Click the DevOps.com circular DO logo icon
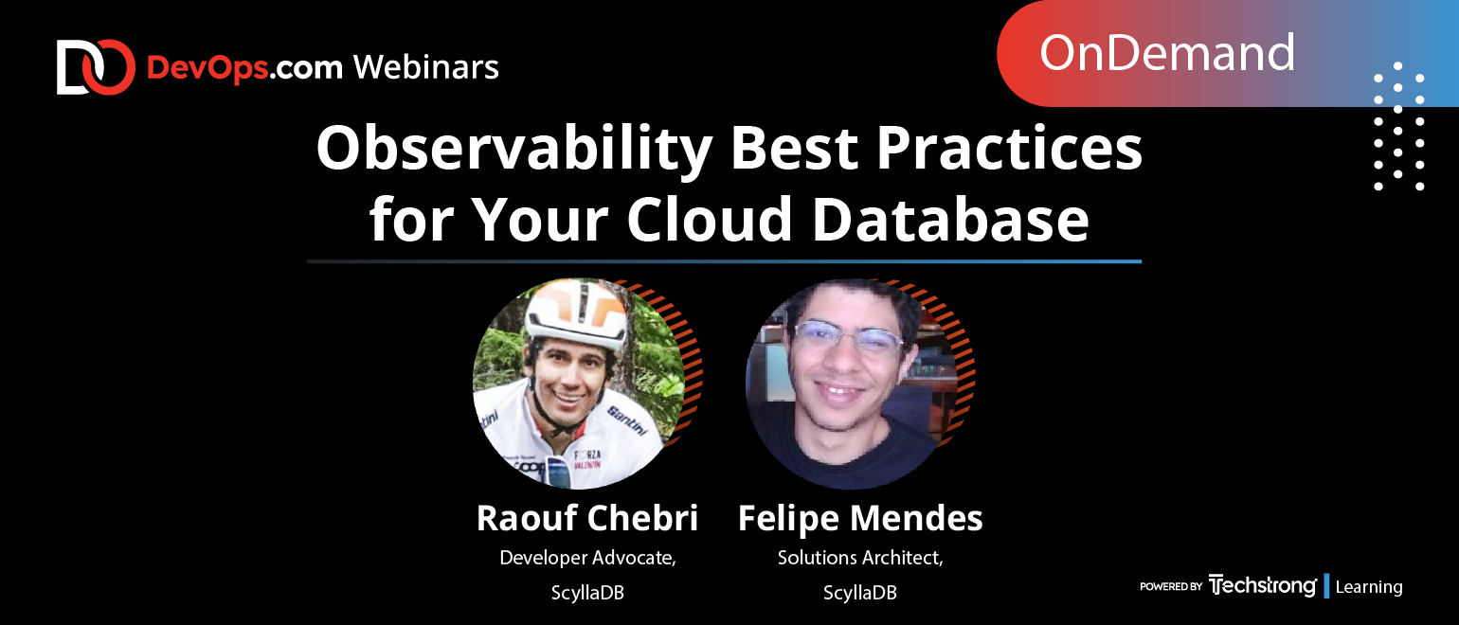[96, 67]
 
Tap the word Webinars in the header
[426, 67]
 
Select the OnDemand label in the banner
[1166, 53]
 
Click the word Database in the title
[950, 219]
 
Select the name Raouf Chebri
[586, 518]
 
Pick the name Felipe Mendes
[860, 518]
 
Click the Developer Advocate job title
[587, 558]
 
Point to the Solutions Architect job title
[860, 558]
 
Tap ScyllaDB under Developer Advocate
[587, 593]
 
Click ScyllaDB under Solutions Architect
[860, 593]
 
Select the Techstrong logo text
[1262, 585]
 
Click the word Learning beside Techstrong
[1368, 586]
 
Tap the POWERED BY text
[1170, 586]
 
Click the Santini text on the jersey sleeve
[626, 420]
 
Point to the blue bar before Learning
[1326, 586]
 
